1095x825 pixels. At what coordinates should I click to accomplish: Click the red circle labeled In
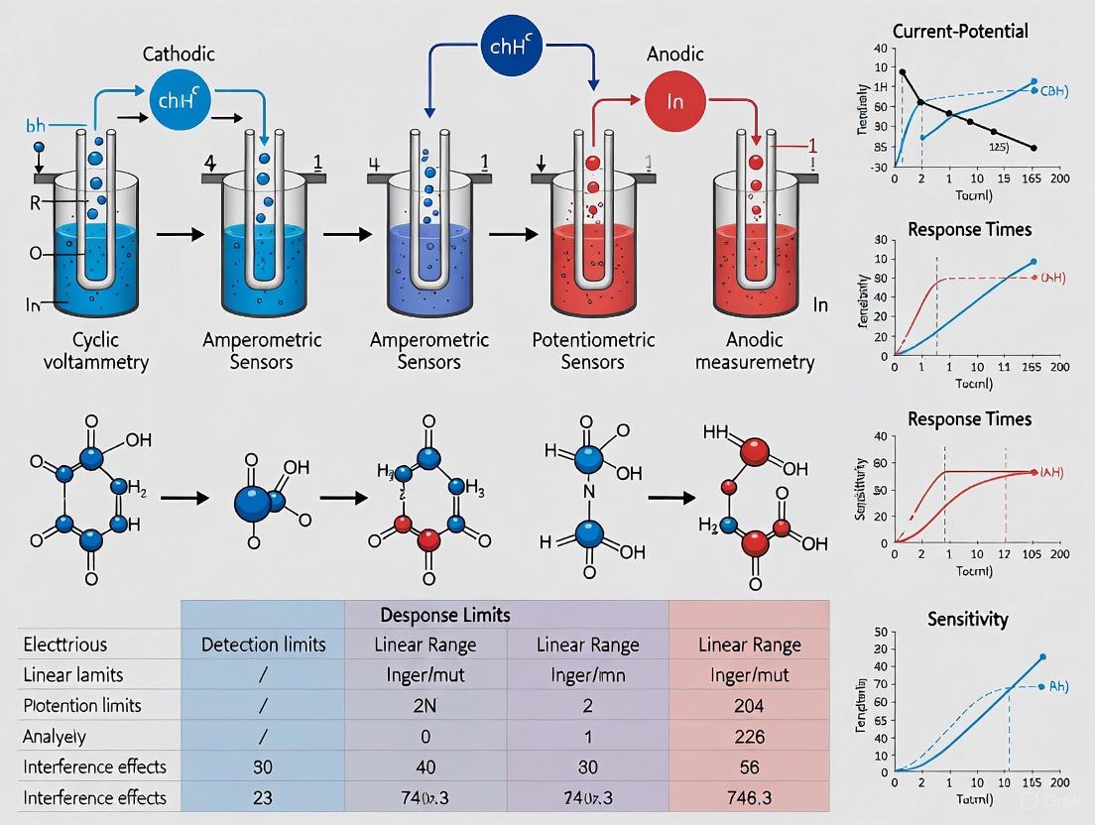click(x=674, y=100)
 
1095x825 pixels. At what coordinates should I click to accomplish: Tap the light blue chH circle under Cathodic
click(x=177, y=100)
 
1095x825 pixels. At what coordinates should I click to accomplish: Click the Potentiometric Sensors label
click(x=593, y=351)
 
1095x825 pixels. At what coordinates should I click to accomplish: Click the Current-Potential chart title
click(x=960, y=31)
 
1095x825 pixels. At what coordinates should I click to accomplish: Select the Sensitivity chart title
click(x=967, y=619)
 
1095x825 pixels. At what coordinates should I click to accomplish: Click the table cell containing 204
click(x=750, y=705)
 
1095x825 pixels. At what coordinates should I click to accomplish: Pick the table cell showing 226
click(x=750, y=736)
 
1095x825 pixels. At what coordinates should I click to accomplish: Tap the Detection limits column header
click(x=263, y=645)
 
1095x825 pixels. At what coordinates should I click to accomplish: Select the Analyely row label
click(x=56, y=736)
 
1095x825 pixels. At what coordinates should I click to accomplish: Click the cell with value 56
click(x=750, y=766)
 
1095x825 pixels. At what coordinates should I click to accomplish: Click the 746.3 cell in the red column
click(x=750, y=797)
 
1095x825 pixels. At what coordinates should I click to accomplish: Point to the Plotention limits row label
click(x=81, y=705)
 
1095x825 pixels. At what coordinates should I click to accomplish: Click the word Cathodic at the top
click(x=178, y=55)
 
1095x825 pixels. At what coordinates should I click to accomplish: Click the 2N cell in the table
click(x=425, y=705)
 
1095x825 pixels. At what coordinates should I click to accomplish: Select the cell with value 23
click(x=263, y=797)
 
